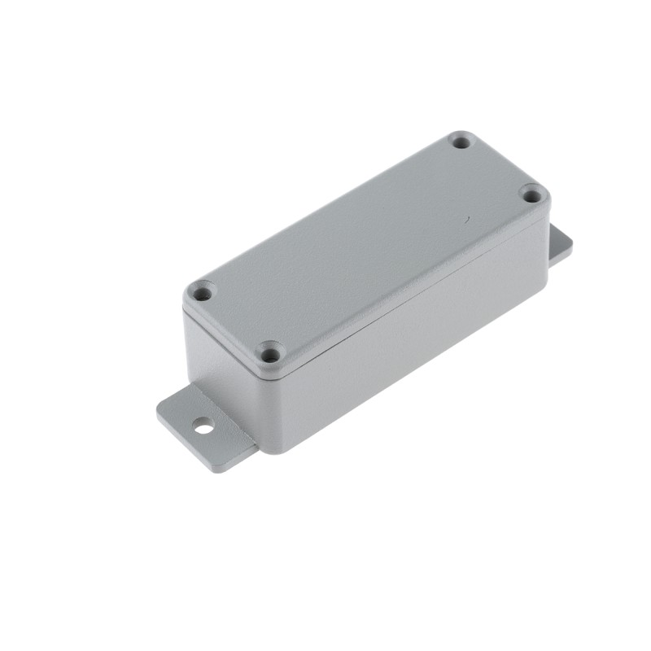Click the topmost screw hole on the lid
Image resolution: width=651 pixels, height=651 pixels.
[461, 142]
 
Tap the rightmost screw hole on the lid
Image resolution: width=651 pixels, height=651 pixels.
[531, 194]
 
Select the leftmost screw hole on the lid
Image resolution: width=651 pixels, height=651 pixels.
[201, 291]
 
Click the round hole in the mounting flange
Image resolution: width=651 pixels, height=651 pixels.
[203, 425]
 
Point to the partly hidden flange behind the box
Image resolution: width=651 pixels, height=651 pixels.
[560, 244]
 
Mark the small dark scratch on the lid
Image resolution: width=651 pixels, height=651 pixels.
[465, 220]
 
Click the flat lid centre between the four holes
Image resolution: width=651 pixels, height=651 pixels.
[366, 248]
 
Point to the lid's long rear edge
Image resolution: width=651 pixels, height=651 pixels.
[325, 208]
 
